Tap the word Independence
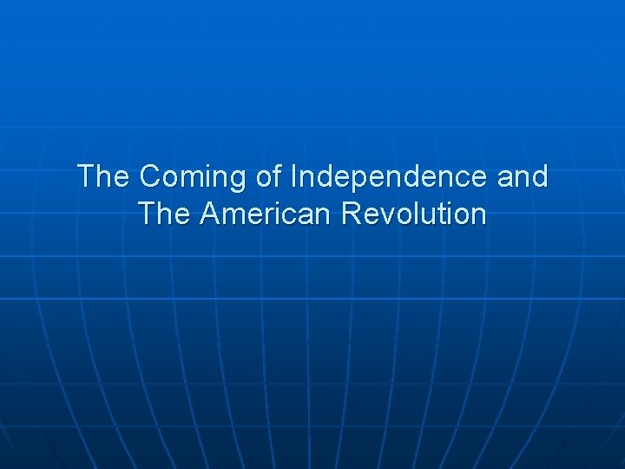[390, 177]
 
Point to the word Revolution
[414, 214]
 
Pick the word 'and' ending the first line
[523, 177]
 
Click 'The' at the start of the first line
[103, 177]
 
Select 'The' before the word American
[163, 214]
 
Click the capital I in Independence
[294, 177]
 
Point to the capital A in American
[210, 214]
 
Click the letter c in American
[289, 215]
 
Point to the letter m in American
[231, 215]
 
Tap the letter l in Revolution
[418, 214]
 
